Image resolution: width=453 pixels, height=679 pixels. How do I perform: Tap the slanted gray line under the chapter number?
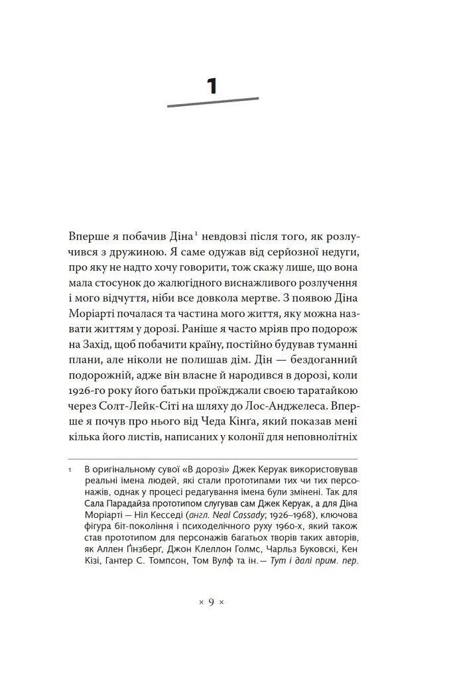212,102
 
